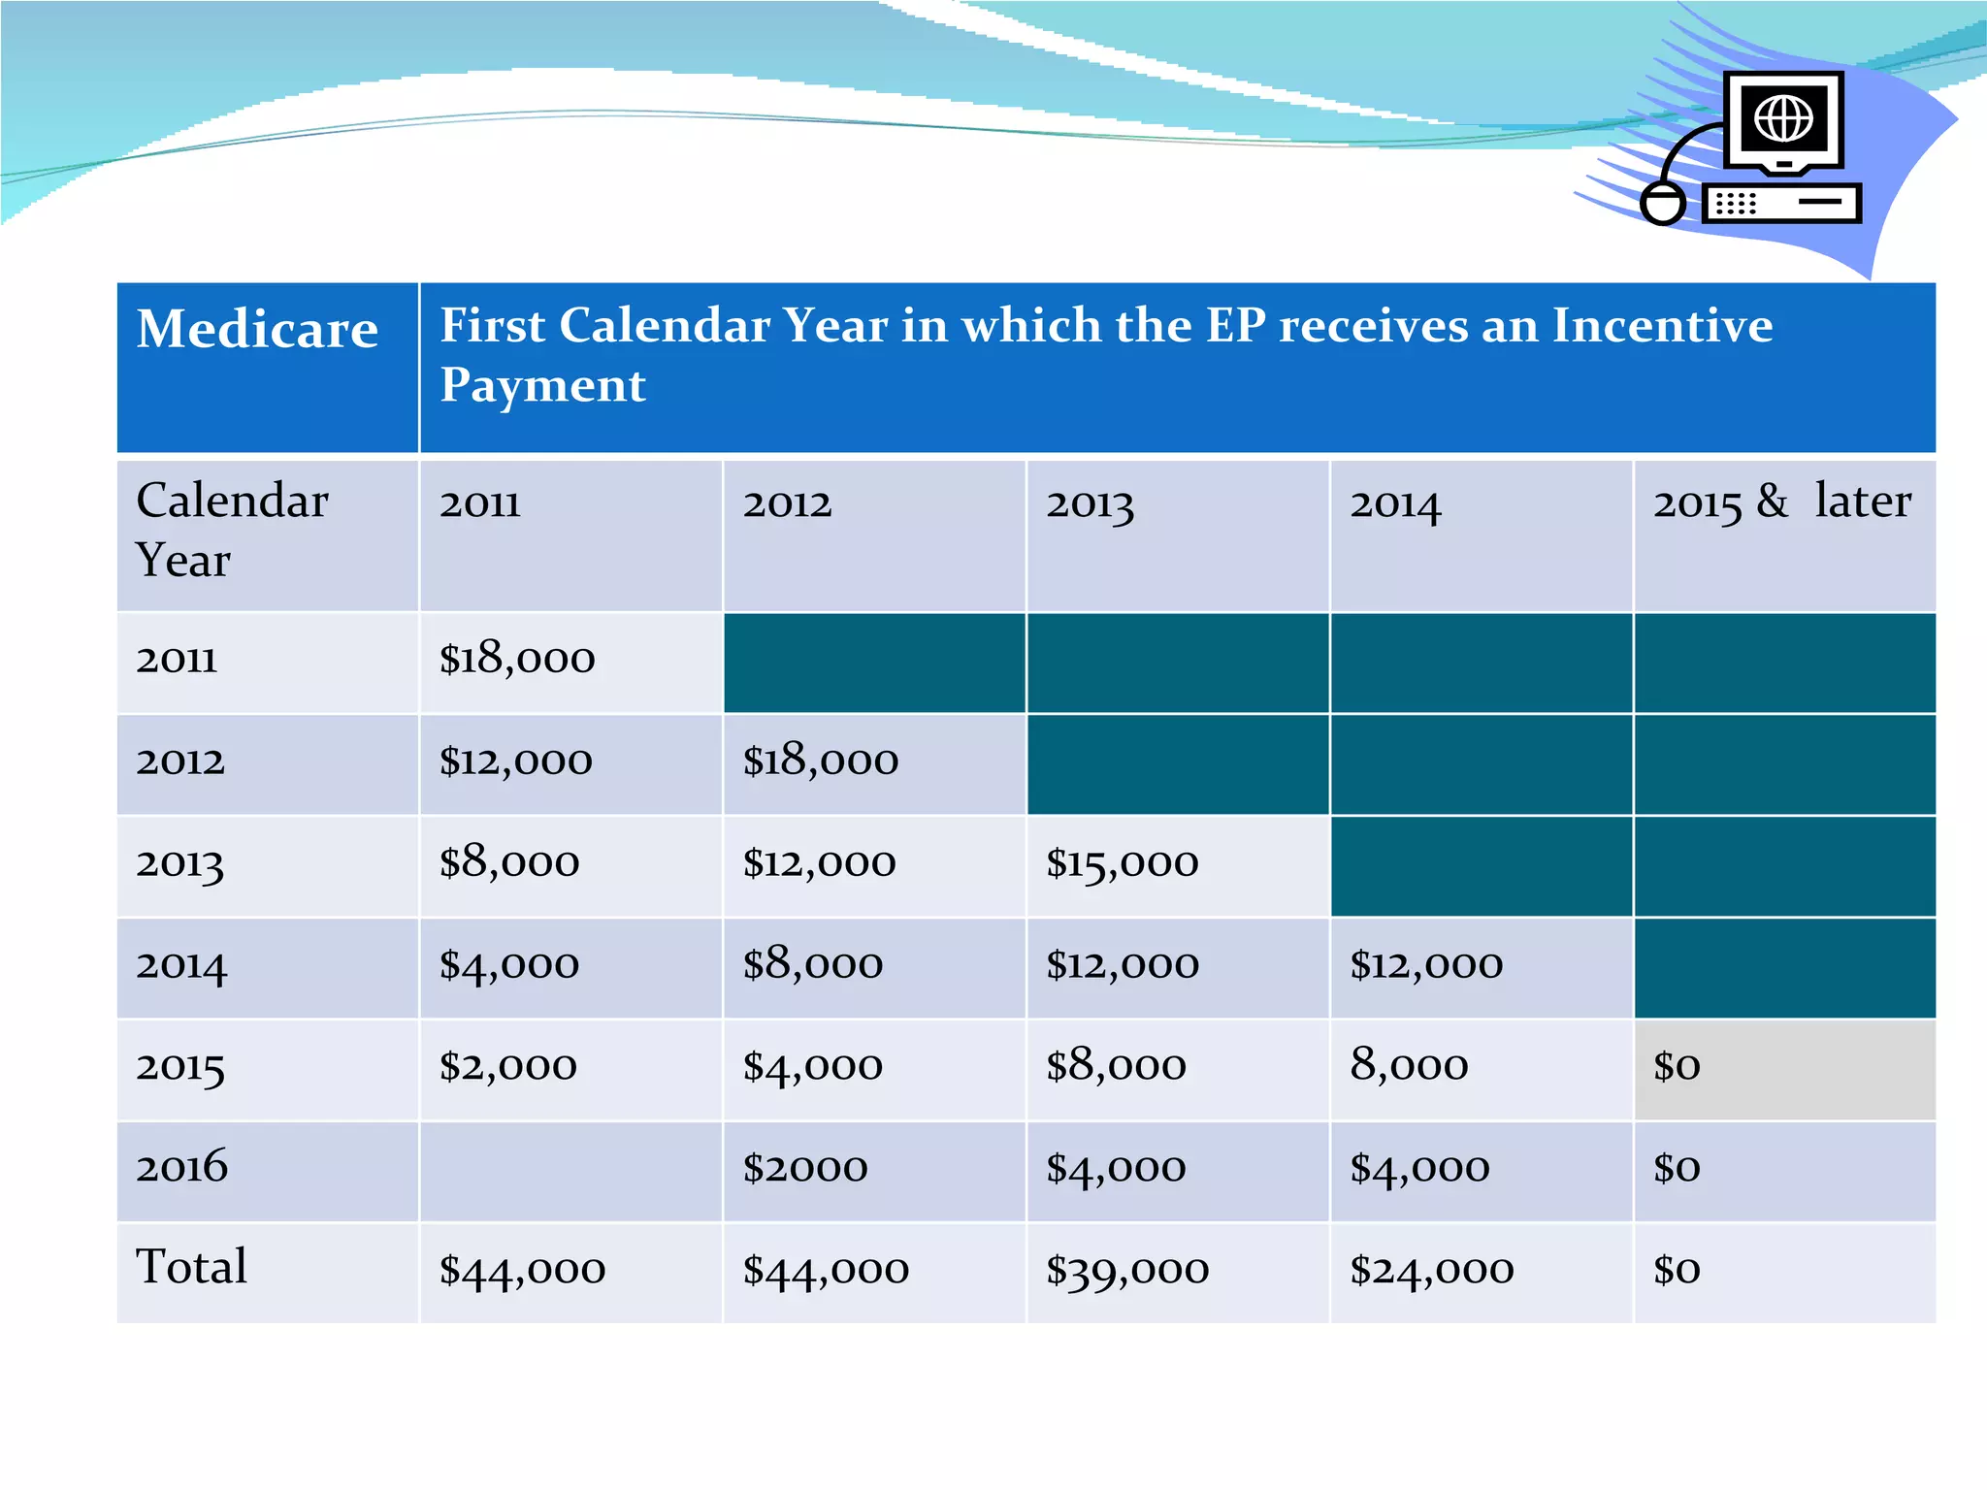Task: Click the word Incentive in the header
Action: [1662, 326]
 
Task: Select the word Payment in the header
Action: [542, 386]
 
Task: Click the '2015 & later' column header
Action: [1781, 502]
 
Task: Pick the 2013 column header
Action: [1090, 504]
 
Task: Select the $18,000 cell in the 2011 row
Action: [517, 660]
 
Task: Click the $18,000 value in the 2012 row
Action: [821, 761]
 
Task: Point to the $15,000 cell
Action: [1123, 863]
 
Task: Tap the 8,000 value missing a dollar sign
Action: [1409, 1066]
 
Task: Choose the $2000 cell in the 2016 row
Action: [805, 1168]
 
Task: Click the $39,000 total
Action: [1127, 1270]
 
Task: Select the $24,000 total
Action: [1431, 1270]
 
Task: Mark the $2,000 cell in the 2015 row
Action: [508, 1066]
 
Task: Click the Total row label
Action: [191, 1267]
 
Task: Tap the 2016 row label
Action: [181, 1166]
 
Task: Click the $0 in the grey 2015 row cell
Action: [1677, 1066]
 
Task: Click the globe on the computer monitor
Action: [1783, 119]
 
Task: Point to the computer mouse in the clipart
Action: [1663, 203]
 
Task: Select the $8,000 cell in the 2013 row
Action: [509, 863]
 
